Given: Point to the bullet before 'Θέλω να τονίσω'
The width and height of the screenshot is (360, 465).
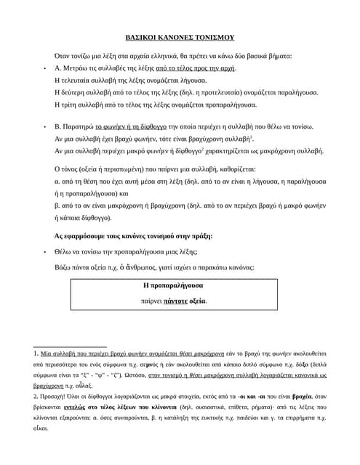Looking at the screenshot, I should point(45,253).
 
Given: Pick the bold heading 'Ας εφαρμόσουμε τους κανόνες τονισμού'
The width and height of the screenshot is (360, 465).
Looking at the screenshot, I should point(133,236).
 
